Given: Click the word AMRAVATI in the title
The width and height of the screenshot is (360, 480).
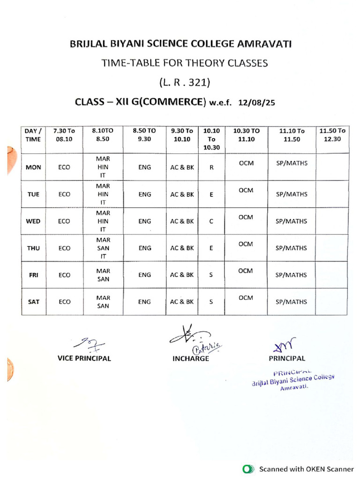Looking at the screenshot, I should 264,45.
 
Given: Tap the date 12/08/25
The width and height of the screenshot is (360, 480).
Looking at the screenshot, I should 256,102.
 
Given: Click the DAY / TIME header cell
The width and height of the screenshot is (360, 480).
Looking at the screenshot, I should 33,135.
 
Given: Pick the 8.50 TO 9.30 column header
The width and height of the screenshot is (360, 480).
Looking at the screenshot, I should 145,135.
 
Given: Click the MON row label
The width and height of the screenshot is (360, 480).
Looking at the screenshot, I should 33,167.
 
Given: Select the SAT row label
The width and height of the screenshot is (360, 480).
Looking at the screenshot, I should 33,302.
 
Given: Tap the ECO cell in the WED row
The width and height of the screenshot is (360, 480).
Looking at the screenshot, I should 65,221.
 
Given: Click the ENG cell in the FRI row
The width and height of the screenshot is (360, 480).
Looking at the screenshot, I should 145,275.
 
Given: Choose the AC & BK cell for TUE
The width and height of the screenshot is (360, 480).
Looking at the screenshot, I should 182,194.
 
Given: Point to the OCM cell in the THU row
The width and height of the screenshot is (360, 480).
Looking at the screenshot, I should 246,244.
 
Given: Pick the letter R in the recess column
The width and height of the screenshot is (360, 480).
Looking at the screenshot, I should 211,167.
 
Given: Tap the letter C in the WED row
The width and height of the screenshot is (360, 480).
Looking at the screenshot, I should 211,221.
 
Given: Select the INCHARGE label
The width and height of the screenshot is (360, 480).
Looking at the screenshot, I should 190,359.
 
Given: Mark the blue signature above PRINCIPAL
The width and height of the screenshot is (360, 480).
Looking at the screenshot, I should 284,346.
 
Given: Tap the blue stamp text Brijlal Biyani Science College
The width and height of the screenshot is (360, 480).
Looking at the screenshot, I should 294,381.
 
